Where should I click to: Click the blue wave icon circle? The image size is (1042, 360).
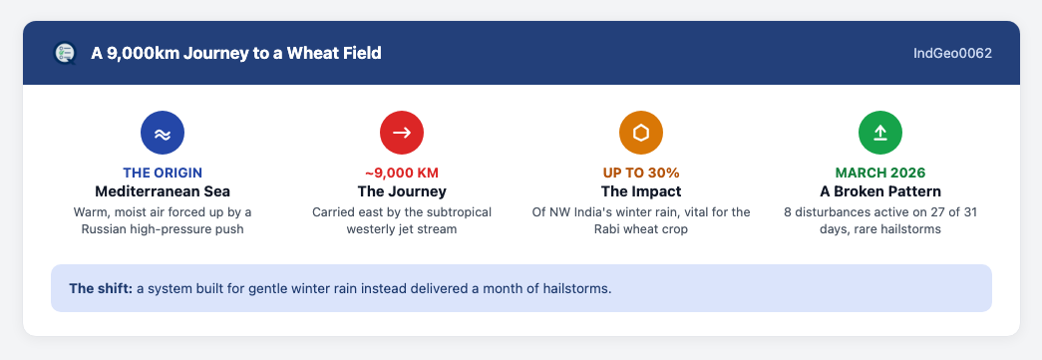click(163, 133)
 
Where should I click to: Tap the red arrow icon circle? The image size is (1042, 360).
click(402, 133)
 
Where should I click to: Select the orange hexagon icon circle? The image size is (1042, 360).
click(641, 133)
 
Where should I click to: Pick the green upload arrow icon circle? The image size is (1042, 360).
click(880, 133)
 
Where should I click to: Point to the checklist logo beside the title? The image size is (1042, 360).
click(65, 53)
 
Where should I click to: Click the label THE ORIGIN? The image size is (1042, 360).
click(163, 173)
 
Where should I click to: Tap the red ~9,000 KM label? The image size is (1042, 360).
click(402, 173)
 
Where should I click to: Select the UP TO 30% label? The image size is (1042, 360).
click(641, 173)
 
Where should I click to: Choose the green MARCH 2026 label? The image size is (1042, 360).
click(880, 173)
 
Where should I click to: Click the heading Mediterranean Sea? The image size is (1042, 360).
click(163, 191)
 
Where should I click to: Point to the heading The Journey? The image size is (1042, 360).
click(402, 191)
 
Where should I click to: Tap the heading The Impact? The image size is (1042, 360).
click(641, 191)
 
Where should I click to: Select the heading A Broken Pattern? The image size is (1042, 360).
click(880, 191)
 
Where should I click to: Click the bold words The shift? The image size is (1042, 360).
click(101, 289)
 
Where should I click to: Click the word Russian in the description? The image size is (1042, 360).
click(103, 229)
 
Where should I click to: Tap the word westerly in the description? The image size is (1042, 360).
click(371, 229)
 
